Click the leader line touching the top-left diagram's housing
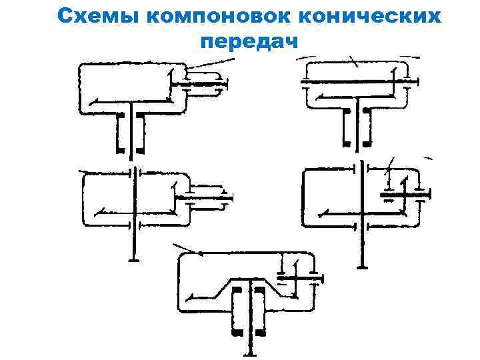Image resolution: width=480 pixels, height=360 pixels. click(x=210, y=65)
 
